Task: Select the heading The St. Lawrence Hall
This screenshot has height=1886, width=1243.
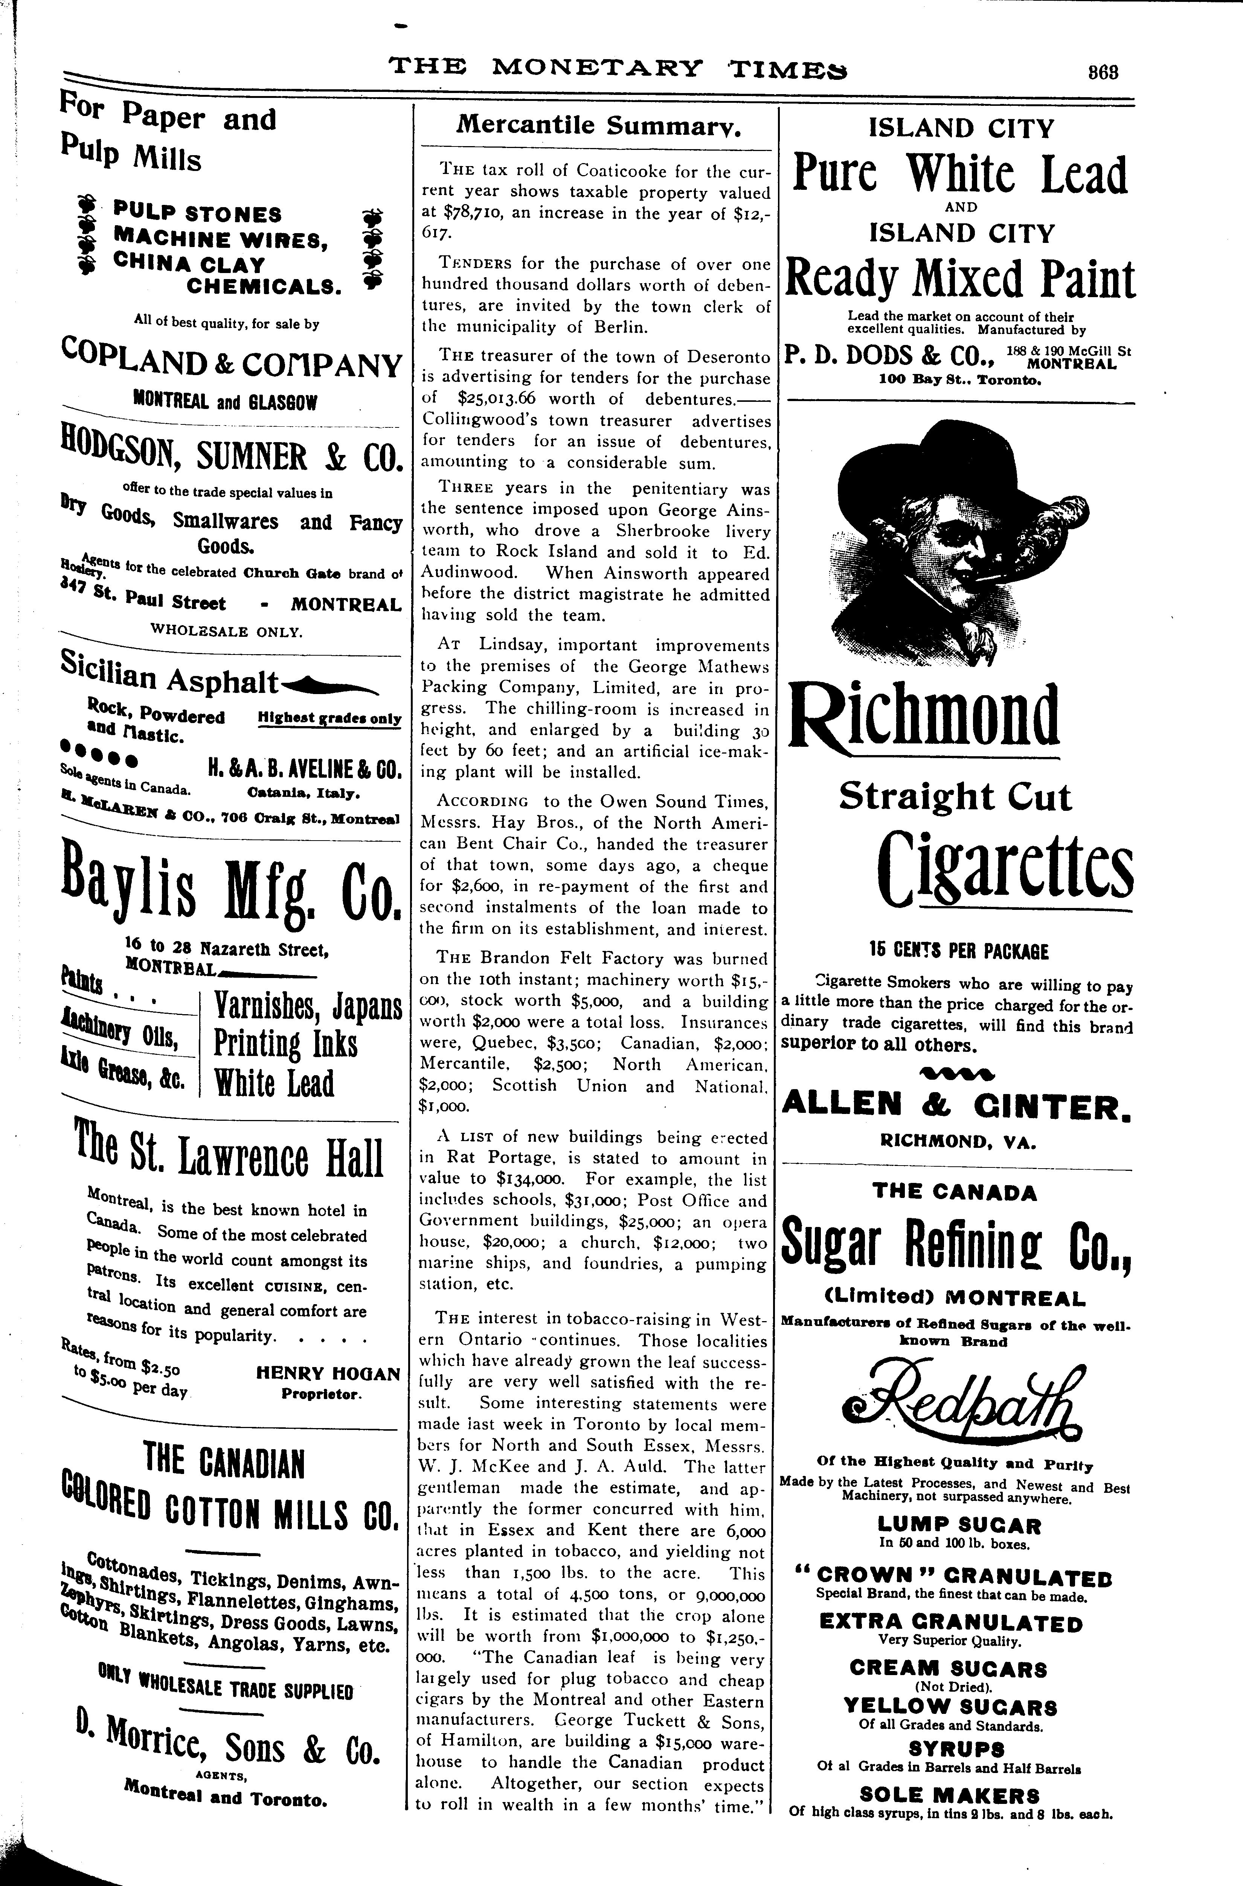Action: click(227, 1159)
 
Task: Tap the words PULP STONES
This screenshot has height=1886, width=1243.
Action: click(197, 214)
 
